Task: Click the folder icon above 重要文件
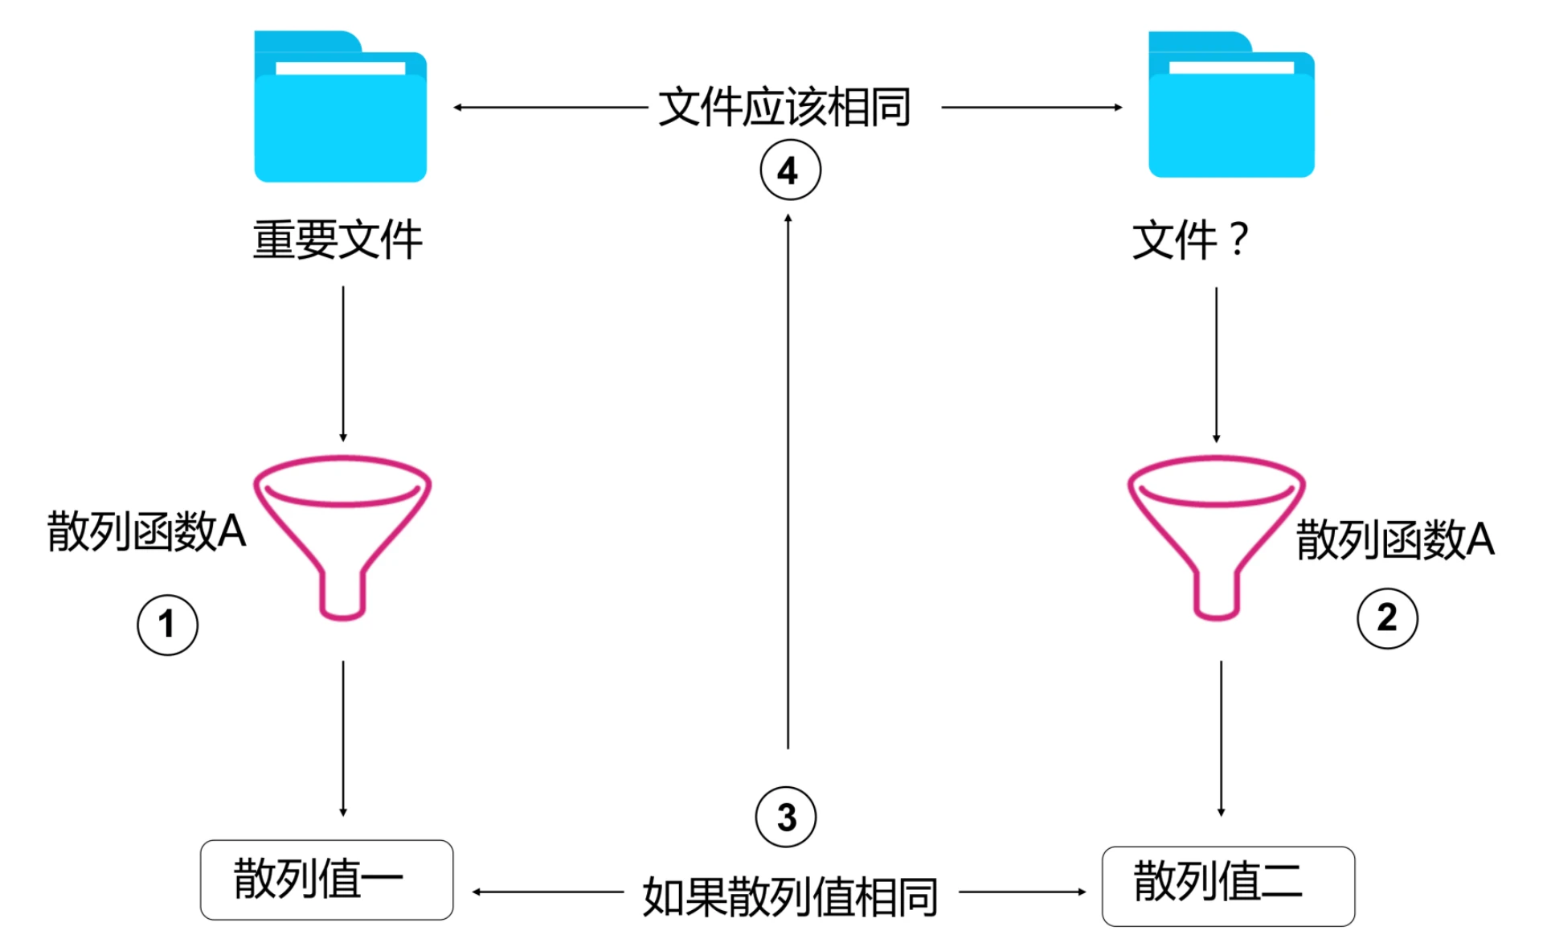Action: click(x=340, y=107)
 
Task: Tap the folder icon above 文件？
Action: click(x=1231, y=105)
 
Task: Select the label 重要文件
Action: click(x=338, y=240)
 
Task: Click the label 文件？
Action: click(x=1190, y=240)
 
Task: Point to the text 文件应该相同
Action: click(x=784, y=107)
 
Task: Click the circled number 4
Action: click(x=790, y=170)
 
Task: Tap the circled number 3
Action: click(x=786, y=817)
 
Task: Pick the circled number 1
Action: click(x=167, y=625)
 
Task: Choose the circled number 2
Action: click(x=1387, y=618)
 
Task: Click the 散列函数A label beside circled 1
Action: click(x=146, y=531)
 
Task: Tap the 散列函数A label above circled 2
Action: click(x=1395, y=539)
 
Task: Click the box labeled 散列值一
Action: click(x=326, y=880)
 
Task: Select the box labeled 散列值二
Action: click(x=1228, y=885)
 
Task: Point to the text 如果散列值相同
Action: click(x=790, y=896)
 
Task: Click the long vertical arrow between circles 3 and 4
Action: click(x=788, y=482)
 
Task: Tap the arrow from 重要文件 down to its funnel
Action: click(x=343, y=363)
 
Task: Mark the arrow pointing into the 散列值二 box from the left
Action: click(x=1022, y=892)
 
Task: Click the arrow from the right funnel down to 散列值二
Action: click(x=1221, y=738)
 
